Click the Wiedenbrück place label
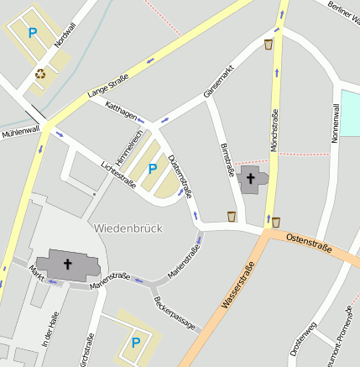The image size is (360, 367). pyautogui.click(x=128, y=228)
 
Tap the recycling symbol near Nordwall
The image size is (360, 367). pyautogui.click(x=40, y=73)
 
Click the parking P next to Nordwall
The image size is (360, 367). pyautogui.click(x=33, y=34)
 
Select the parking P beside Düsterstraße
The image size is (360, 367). pyautogui.click(x=152, y=169)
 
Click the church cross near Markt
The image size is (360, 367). pyautogui.click(x=67, y=264)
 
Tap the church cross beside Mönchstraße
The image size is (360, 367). pyautogui.click(x=250, y=178)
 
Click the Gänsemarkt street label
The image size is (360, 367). pyautogui.click(x=218, y=80)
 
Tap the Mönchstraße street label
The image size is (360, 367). pyautogui.click(x=273, y=130)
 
